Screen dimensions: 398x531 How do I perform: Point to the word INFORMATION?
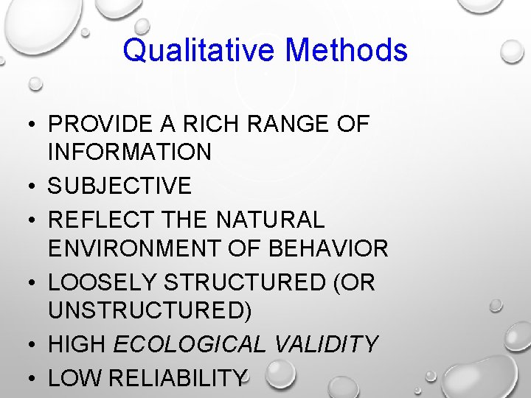[130, 153]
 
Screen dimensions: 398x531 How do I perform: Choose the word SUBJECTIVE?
[119, 186]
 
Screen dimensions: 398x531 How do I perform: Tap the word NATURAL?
[271, 220]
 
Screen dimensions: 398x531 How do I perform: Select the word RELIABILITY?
[177, 378]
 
